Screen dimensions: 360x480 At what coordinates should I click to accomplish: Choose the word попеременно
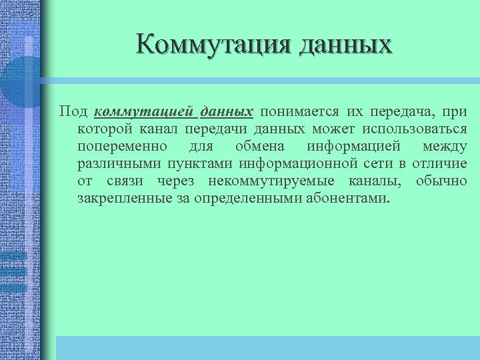(123, 146)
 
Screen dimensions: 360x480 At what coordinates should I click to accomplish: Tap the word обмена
(260, 146)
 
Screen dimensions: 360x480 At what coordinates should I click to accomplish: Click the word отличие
(439, 163)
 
